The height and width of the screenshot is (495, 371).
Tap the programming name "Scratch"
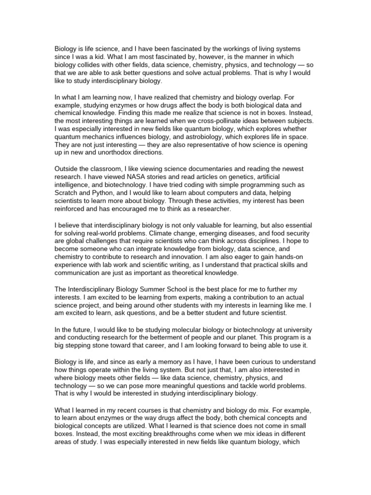pos(66,193)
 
